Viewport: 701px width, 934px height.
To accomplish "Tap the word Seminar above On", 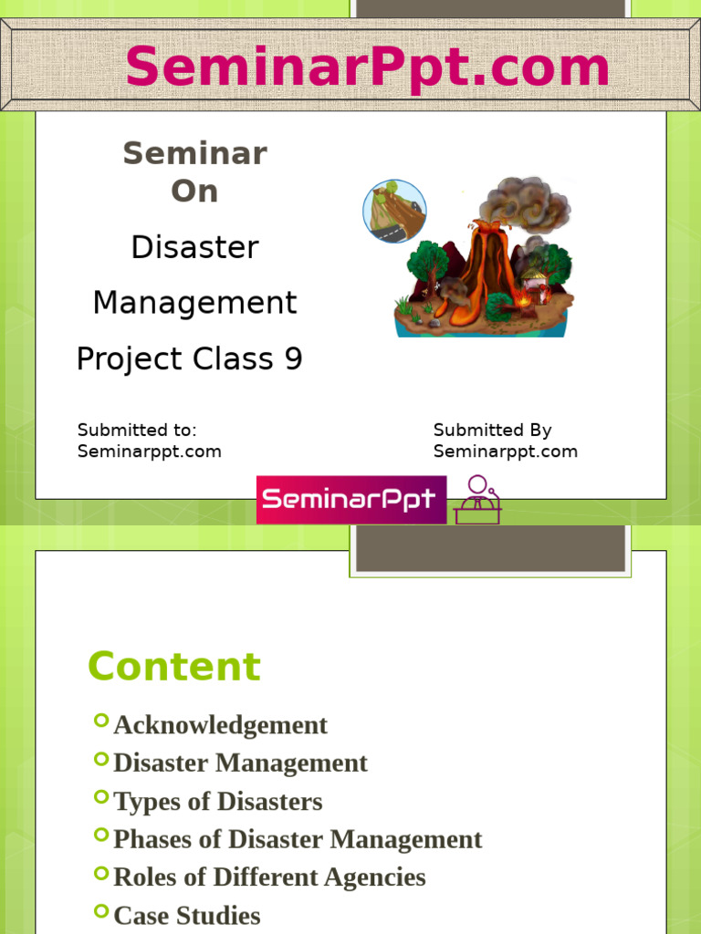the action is coord(195,153).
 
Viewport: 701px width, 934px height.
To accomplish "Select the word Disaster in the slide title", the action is coord(195,246).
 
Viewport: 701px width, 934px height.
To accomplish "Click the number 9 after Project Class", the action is coord(293,358).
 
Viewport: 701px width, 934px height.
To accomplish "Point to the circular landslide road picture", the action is coord(394,211).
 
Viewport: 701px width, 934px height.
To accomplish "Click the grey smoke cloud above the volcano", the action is coord(525,203).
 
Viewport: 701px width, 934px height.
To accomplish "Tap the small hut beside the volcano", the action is coord(535,285).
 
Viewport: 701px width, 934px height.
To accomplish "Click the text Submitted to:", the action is coord(137,431).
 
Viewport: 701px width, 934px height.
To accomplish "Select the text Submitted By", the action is coord(492,431).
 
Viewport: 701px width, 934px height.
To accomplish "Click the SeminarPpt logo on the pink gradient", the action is coord(351,500).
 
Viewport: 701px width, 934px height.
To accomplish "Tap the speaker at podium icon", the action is coord(477,500).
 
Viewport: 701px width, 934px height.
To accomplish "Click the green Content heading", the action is coord(174,666).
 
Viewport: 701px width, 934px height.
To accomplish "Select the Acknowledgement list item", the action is coord(221,725).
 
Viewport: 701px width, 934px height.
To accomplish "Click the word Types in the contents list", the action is coord(147,802).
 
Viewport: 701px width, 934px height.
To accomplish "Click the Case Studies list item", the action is coord(186,916).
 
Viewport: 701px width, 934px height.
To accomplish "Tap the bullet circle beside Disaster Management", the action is coord(101,759).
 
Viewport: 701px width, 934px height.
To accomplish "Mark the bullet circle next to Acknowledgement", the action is coord(101,721).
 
